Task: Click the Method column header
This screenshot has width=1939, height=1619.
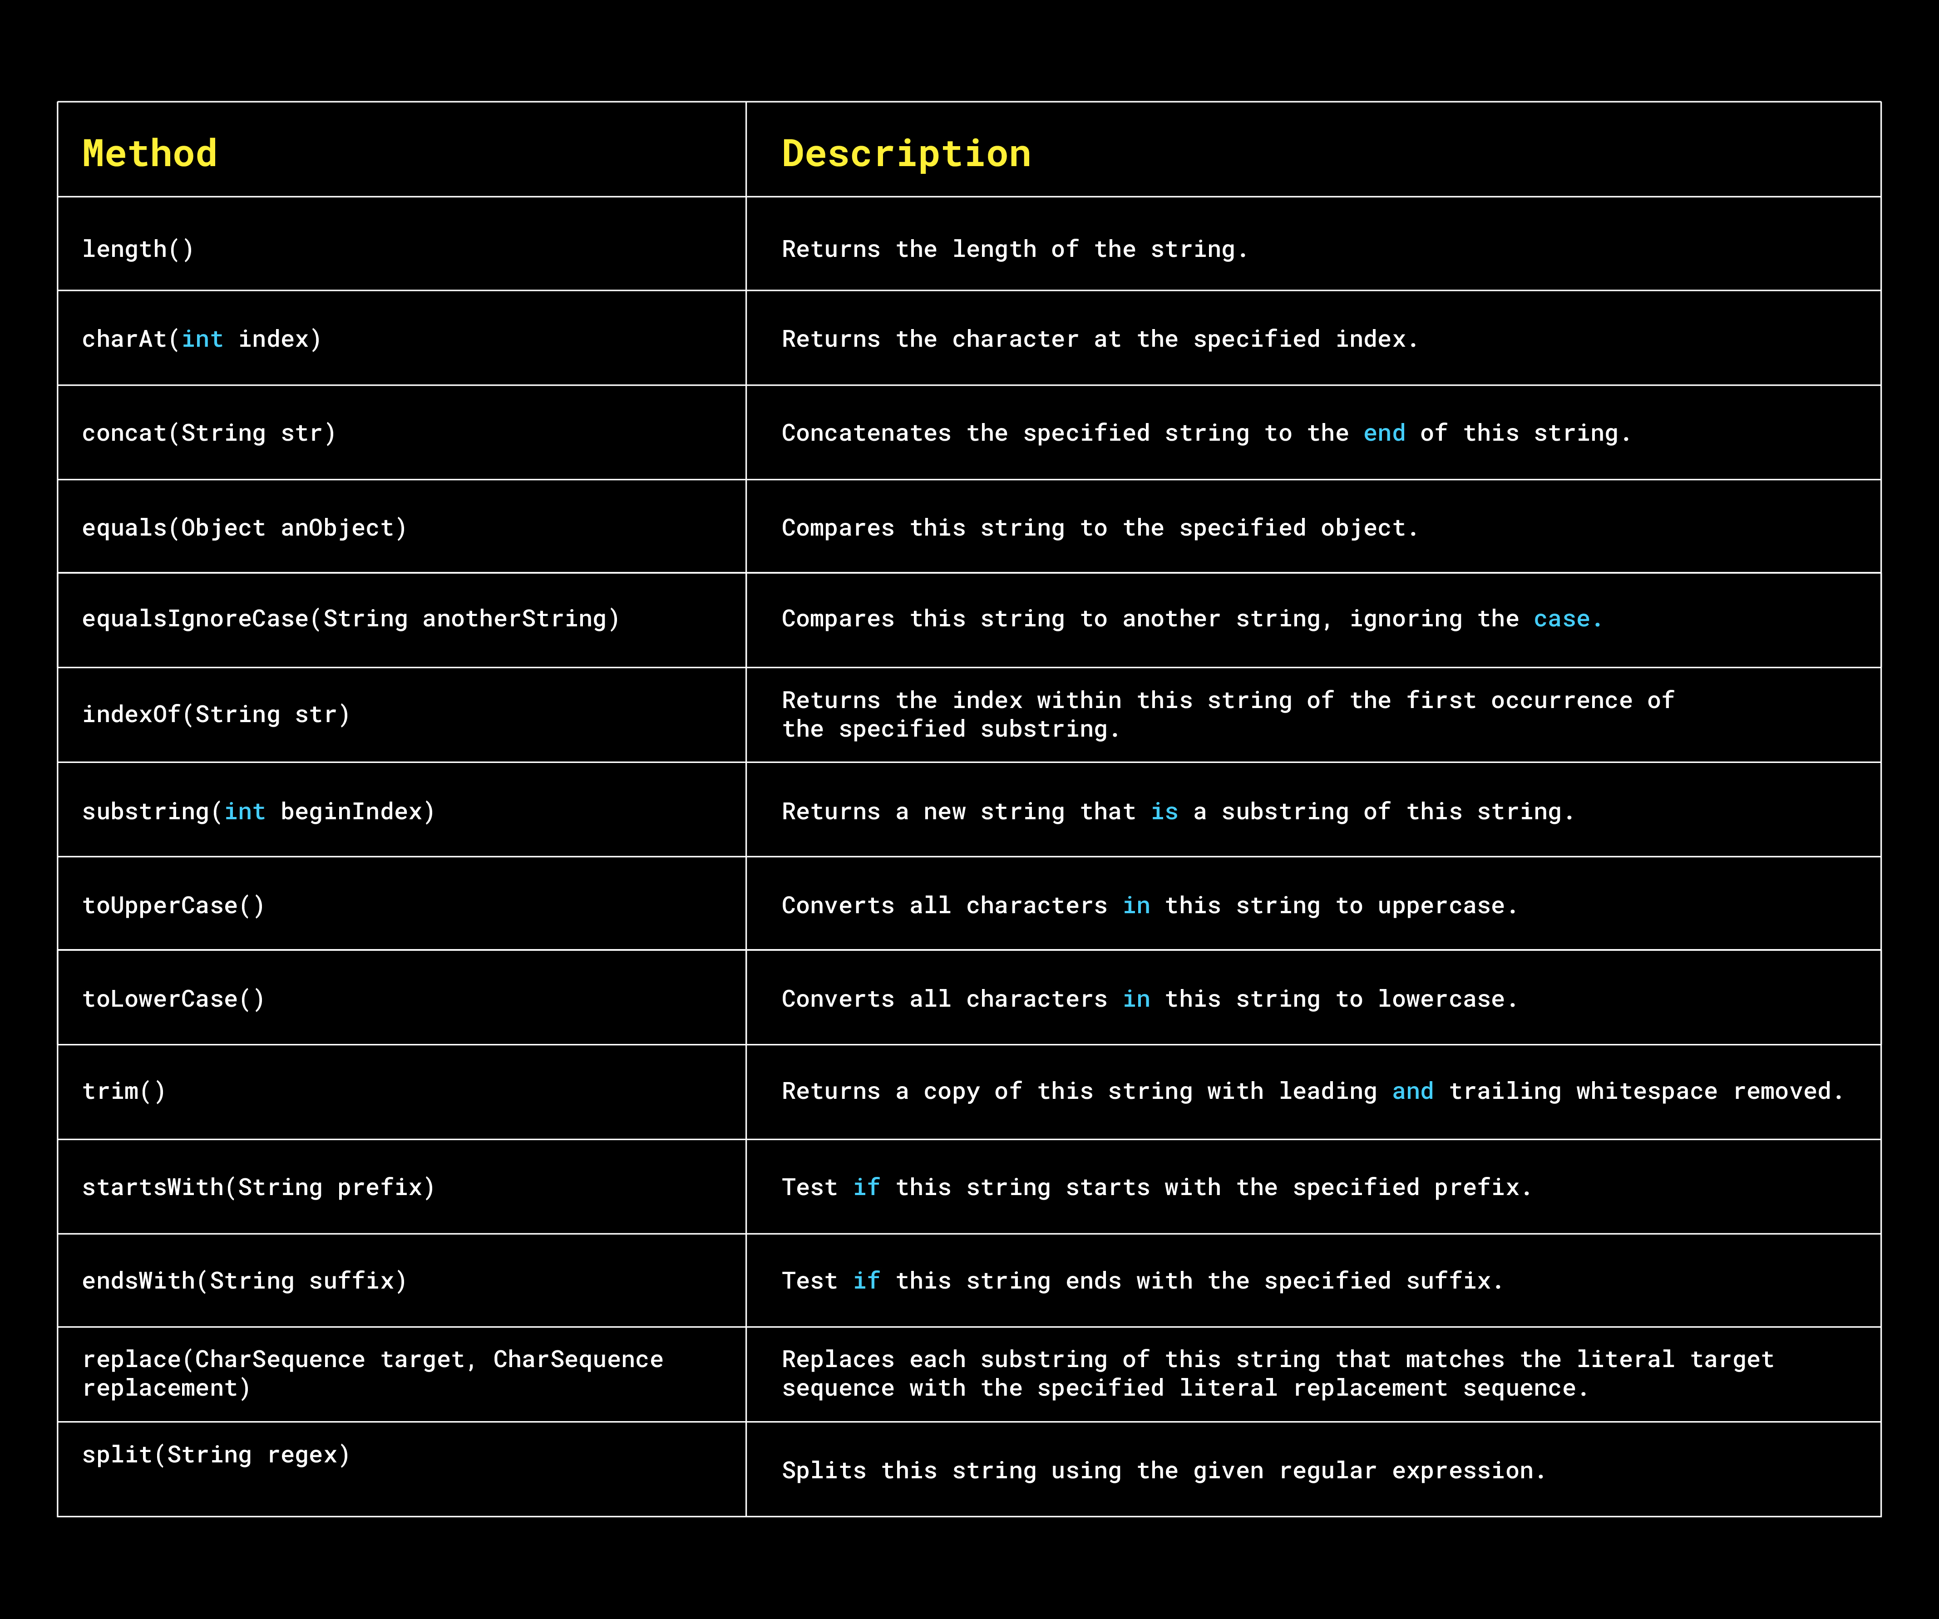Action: [x=149, y=153]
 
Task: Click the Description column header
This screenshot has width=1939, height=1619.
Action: [x=906, y=153]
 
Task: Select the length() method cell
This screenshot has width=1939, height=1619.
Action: [x=138, y=249]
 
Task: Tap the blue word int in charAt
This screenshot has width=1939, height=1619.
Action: [x=202, y=340]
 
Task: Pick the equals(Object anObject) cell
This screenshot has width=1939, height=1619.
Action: [x=244, y=528]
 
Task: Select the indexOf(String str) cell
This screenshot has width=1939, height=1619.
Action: [x=216, y=714]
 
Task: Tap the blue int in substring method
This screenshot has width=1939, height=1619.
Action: [x=245, y=812]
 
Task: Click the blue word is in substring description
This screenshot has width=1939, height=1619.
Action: [x=1164, y=812]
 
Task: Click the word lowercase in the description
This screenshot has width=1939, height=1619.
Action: [x=1441, y=999]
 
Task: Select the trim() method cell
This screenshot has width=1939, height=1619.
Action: [x=124, y=1091]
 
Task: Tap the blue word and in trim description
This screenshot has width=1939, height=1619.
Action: [x=1413, y=1091]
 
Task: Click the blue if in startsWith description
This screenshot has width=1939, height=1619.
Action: [x=866, y=1187]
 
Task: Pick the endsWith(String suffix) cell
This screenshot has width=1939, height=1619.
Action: [x=244, y=1280]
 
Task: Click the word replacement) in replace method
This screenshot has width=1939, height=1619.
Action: [x=166, y=1388]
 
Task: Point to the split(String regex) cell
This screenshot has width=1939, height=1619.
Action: [x=216, y=1455]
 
